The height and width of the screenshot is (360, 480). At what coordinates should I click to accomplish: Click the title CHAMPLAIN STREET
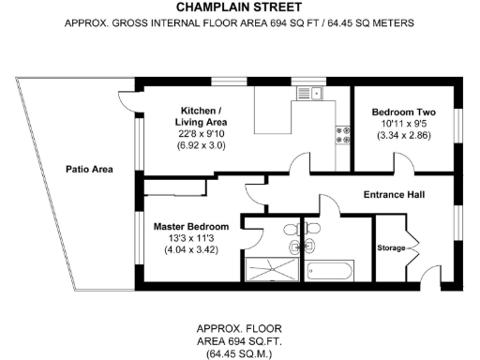[239, 7]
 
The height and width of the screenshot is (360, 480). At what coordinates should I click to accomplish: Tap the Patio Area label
[89, 170]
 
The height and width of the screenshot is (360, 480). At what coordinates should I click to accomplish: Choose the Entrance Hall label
[394, 195]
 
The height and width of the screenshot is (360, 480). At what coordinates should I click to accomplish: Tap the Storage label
[390, 247]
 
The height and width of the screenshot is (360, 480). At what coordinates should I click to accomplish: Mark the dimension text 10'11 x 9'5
[401, 123]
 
